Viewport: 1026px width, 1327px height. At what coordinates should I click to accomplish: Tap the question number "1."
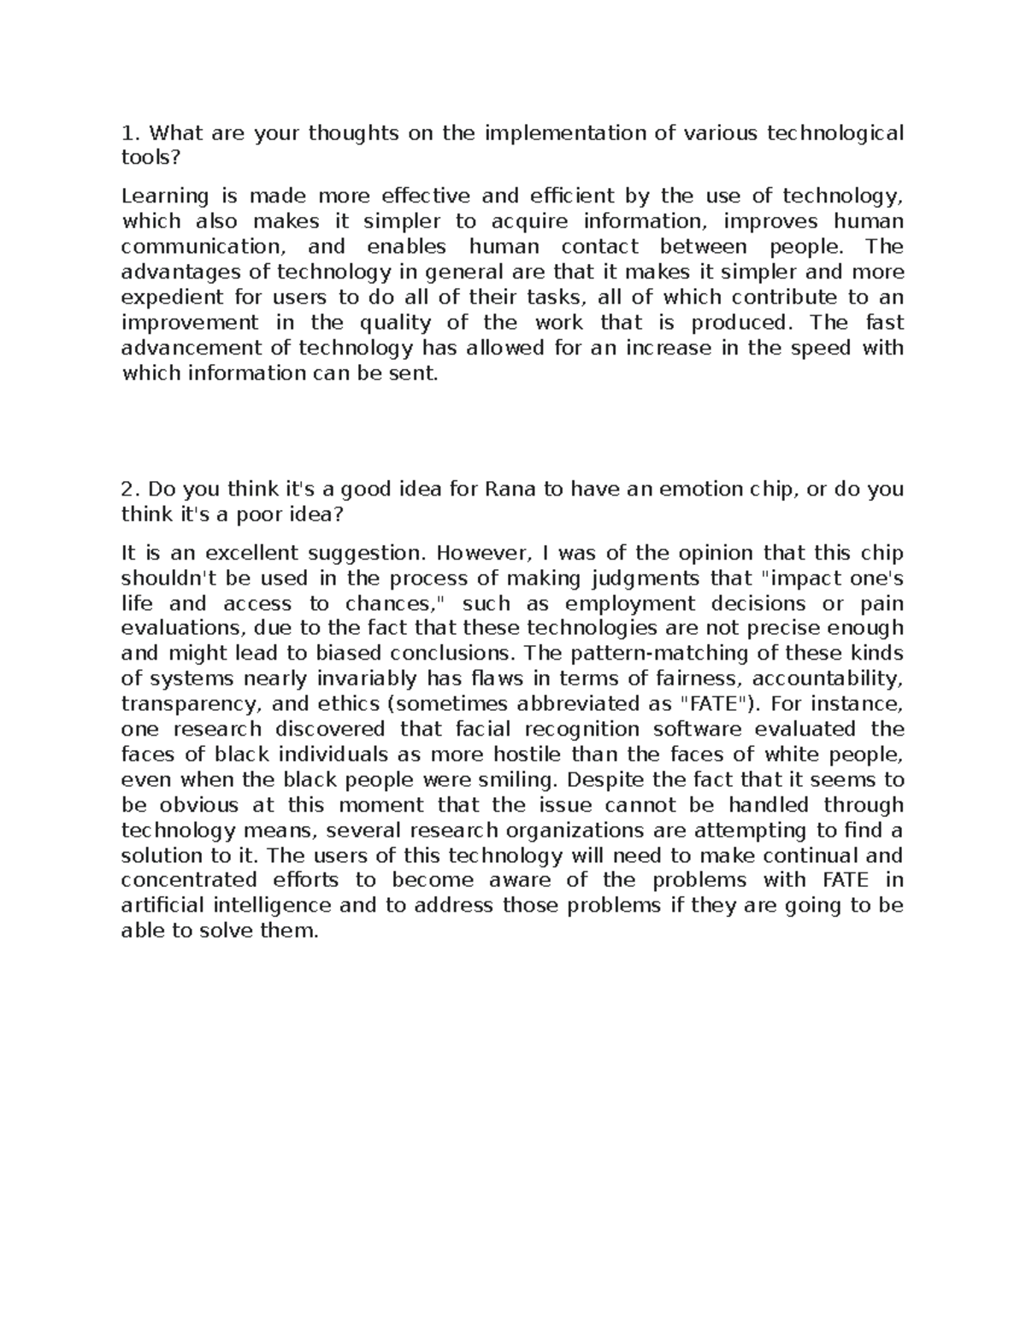click(x=130, y=133)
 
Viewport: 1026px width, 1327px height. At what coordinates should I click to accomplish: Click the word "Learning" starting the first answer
click(x=165, y=197)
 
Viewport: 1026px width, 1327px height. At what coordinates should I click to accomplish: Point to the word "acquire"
click(x=530, y=222)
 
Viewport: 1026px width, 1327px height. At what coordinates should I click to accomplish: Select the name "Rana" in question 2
click(x=511, y=490)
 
